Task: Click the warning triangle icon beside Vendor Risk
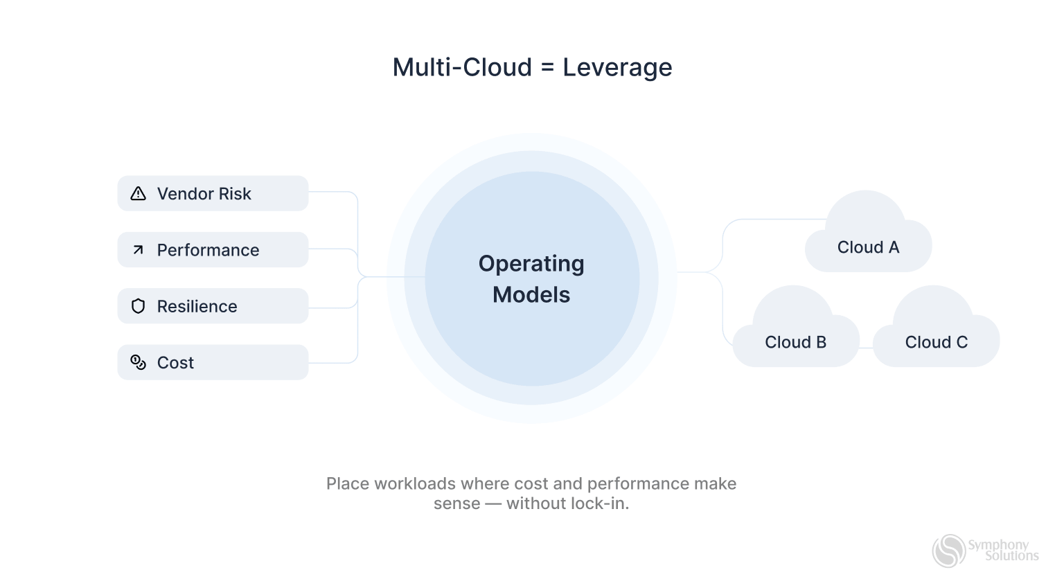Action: pos(139,194)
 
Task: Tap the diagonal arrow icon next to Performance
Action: pos(139,250)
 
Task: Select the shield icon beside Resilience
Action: pos(139,306)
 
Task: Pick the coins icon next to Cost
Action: pos(139,362)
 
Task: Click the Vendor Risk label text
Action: pos(204,194)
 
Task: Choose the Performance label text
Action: pos(208,250)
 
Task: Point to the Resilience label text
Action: pos(197,306)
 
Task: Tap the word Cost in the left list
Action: pos(175,362)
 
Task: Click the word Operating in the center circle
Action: pos(531,264)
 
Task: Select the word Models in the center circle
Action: pos(531,295)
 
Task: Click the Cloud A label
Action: pos(868,247)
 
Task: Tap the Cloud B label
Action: pos(795,342)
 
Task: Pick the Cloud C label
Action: pos(936,342)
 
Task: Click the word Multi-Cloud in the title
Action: pos(462,67)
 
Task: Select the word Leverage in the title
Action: pos(617,67)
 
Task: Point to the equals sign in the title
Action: pos(547,68)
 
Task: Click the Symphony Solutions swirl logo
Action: pos(948,551)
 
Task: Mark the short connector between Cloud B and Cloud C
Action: pos(866,348)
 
